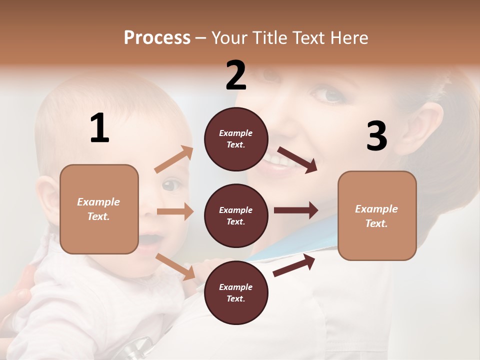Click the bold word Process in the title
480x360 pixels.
(157, 38)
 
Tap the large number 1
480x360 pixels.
(99, 128)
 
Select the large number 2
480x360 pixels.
(236, 76)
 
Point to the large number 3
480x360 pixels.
(376, 136)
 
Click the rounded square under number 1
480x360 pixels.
(99, 209)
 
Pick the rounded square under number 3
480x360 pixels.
(377, 215)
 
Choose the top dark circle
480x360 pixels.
(236, 139)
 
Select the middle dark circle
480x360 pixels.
(236, 216)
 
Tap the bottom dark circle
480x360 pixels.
(236, 293)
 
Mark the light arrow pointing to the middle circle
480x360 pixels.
(175, 211)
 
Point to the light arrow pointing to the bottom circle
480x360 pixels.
(175, 266)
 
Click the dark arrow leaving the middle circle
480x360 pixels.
(295, 210)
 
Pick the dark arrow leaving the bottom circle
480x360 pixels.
(294, 265)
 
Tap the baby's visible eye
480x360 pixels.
(171, 185)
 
